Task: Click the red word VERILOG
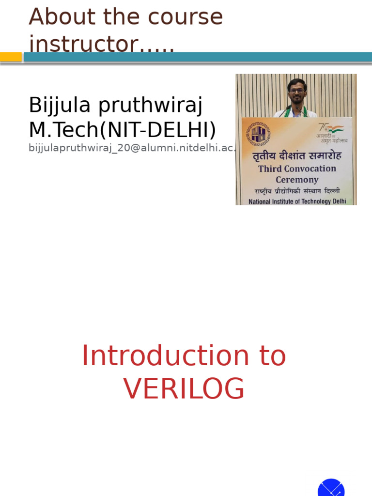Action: [x=184, y=389]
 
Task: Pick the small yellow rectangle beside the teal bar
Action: [x=11, y=57]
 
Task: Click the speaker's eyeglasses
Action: [x=297, y=91]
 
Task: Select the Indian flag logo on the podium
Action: [x=334, y=129]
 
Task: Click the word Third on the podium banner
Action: [x=271, y=169]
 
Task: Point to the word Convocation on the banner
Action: [x=311, y=169]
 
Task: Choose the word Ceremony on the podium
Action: [x=297, y=180]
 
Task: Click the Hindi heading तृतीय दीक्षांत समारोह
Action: [x=297, y=156]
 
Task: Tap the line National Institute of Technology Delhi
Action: [x=297, y=201]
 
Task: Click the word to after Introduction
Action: [x=273, y=356]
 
